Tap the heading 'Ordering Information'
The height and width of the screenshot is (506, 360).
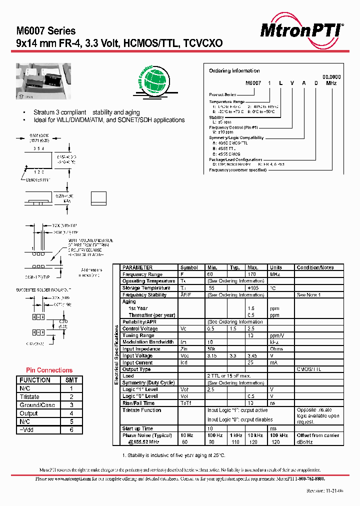pyautogui.click(x=234, y=71)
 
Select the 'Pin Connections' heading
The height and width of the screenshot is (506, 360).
pyautogui.click(x=49, y=370)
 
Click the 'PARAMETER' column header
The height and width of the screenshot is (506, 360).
pyautogui.click(x=137, y=267)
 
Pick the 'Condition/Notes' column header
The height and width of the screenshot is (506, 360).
pyautogui.click(x=315, y=267)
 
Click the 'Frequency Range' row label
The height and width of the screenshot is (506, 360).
pyautogui.click(x=142, y=274)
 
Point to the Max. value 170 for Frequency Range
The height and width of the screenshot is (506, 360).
pyautogui.click(x=252, y=274)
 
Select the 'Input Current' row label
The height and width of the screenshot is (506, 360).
pyautogui.click(x=138, y=362)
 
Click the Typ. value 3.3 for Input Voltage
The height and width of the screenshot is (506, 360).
pyautogui.click(x=232, y=355)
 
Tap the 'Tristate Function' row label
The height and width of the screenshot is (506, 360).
pyautogui.click(x=142, y=410)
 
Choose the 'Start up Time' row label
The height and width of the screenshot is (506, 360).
pyautogui.click(x=138, y=428)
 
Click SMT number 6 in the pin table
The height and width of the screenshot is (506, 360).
pyautogui.click(x=71, y=430)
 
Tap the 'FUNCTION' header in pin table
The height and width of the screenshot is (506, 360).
pyautogui.click(x=35, y=380)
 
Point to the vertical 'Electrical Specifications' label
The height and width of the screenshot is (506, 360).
pyautogui.click(x=116, y=354)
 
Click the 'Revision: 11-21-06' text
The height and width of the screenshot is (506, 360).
pyautogui.click(x=324, y=491)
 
